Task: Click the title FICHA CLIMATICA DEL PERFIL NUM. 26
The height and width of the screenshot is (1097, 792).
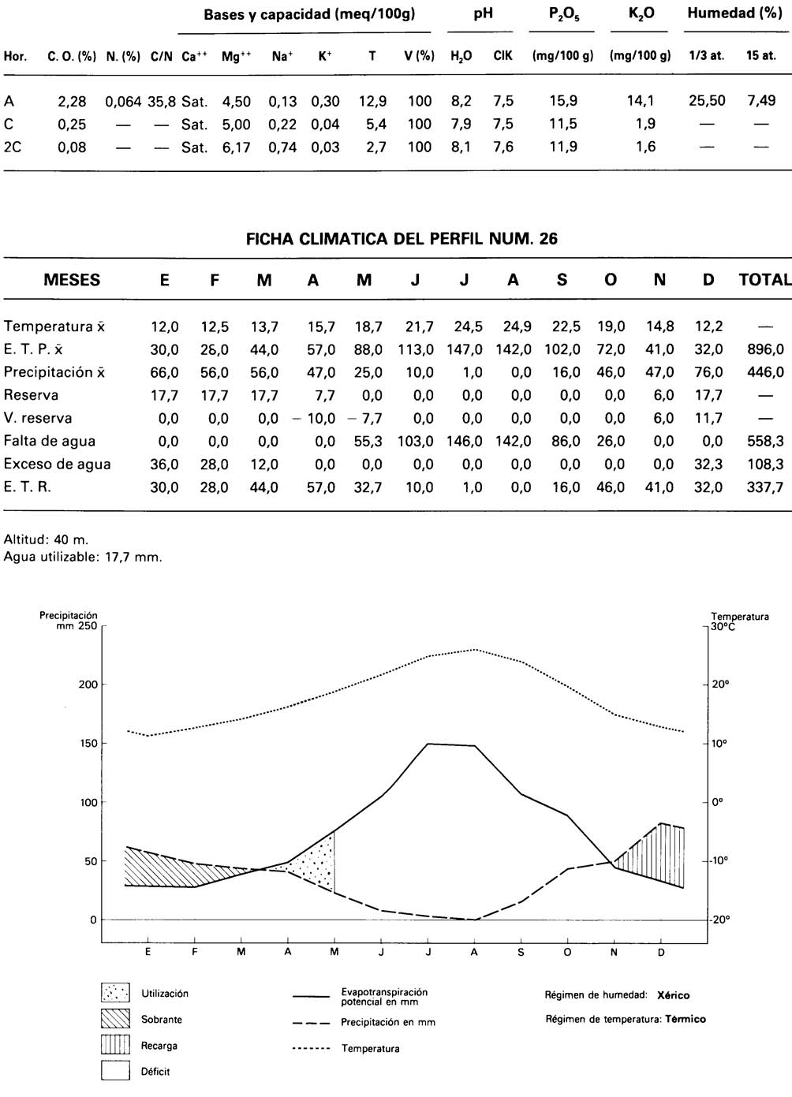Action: click(402, 239)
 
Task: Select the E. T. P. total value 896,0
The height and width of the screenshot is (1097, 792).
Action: click(765, 349)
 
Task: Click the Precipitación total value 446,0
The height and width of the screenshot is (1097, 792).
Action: click(765, 372)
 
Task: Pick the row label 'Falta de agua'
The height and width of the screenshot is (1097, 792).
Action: click(50, 441)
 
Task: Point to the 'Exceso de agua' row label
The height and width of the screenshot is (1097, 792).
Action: click(57, 464)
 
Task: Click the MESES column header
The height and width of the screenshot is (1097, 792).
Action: click(72, 280)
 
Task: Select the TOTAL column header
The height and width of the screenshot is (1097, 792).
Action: click(764, 280)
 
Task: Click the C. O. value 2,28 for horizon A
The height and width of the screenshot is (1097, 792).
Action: click(72, 101)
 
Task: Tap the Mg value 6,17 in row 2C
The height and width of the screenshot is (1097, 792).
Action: click(236, 147)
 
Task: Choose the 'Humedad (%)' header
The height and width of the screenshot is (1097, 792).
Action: click(734, 13)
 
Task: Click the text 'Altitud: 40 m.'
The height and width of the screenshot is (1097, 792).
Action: click(47, 540)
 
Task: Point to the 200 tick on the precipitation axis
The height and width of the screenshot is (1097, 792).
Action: click(88, 685)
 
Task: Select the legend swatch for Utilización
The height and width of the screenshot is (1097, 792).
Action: click(115, 993)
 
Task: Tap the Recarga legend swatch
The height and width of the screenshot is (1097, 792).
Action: click(115, 1045)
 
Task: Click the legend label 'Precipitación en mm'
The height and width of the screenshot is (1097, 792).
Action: click(387, 1022)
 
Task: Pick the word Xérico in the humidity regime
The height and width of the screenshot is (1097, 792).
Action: click(673, 995)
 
